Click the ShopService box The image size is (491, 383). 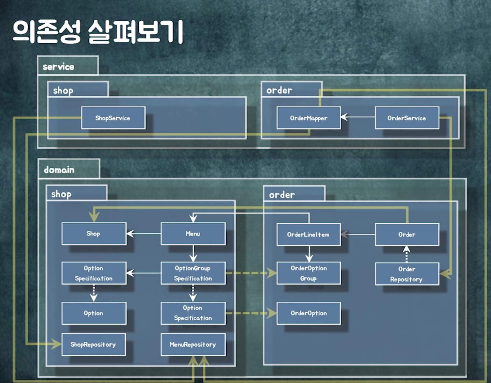tap(113, 118)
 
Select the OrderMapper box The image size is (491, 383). tap(308, 118)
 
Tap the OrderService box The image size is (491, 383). tap(407, 118)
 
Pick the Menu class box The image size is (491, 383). tap(193, 234)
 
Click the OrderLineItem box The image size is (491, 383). tap(308, 234)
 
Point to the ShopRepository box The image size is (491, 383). tap(93, 345)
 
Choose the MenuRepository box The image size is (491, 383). tap(193, 345)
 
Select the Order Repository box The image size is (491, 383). tap(407, 274)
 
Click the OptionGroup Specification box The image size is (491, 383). tap(193, 273)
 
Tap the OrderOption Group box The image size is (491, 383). tap(308, 273)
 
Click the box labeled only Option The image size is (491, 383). tap(94, 313)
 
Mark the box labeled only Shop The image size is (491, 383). tap(94, 234)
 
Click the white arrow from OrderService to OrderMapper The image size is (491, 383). tap(358, 117)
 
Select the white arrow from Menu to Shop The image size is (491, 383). tap(144, 233)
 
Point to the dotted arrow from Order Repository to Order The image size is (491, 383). tap(406, 254)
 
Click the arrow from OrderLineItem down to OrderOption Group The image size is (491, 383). tap(309, 254)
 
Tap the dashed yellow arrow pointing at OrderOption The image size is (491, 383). tap(251, 313)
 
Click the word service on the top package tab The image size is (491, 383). tap(58, 67)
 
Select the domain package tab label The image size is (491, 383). tap(59, 170)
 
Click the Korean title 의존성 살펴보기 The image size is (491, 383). tap(98, 32)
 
